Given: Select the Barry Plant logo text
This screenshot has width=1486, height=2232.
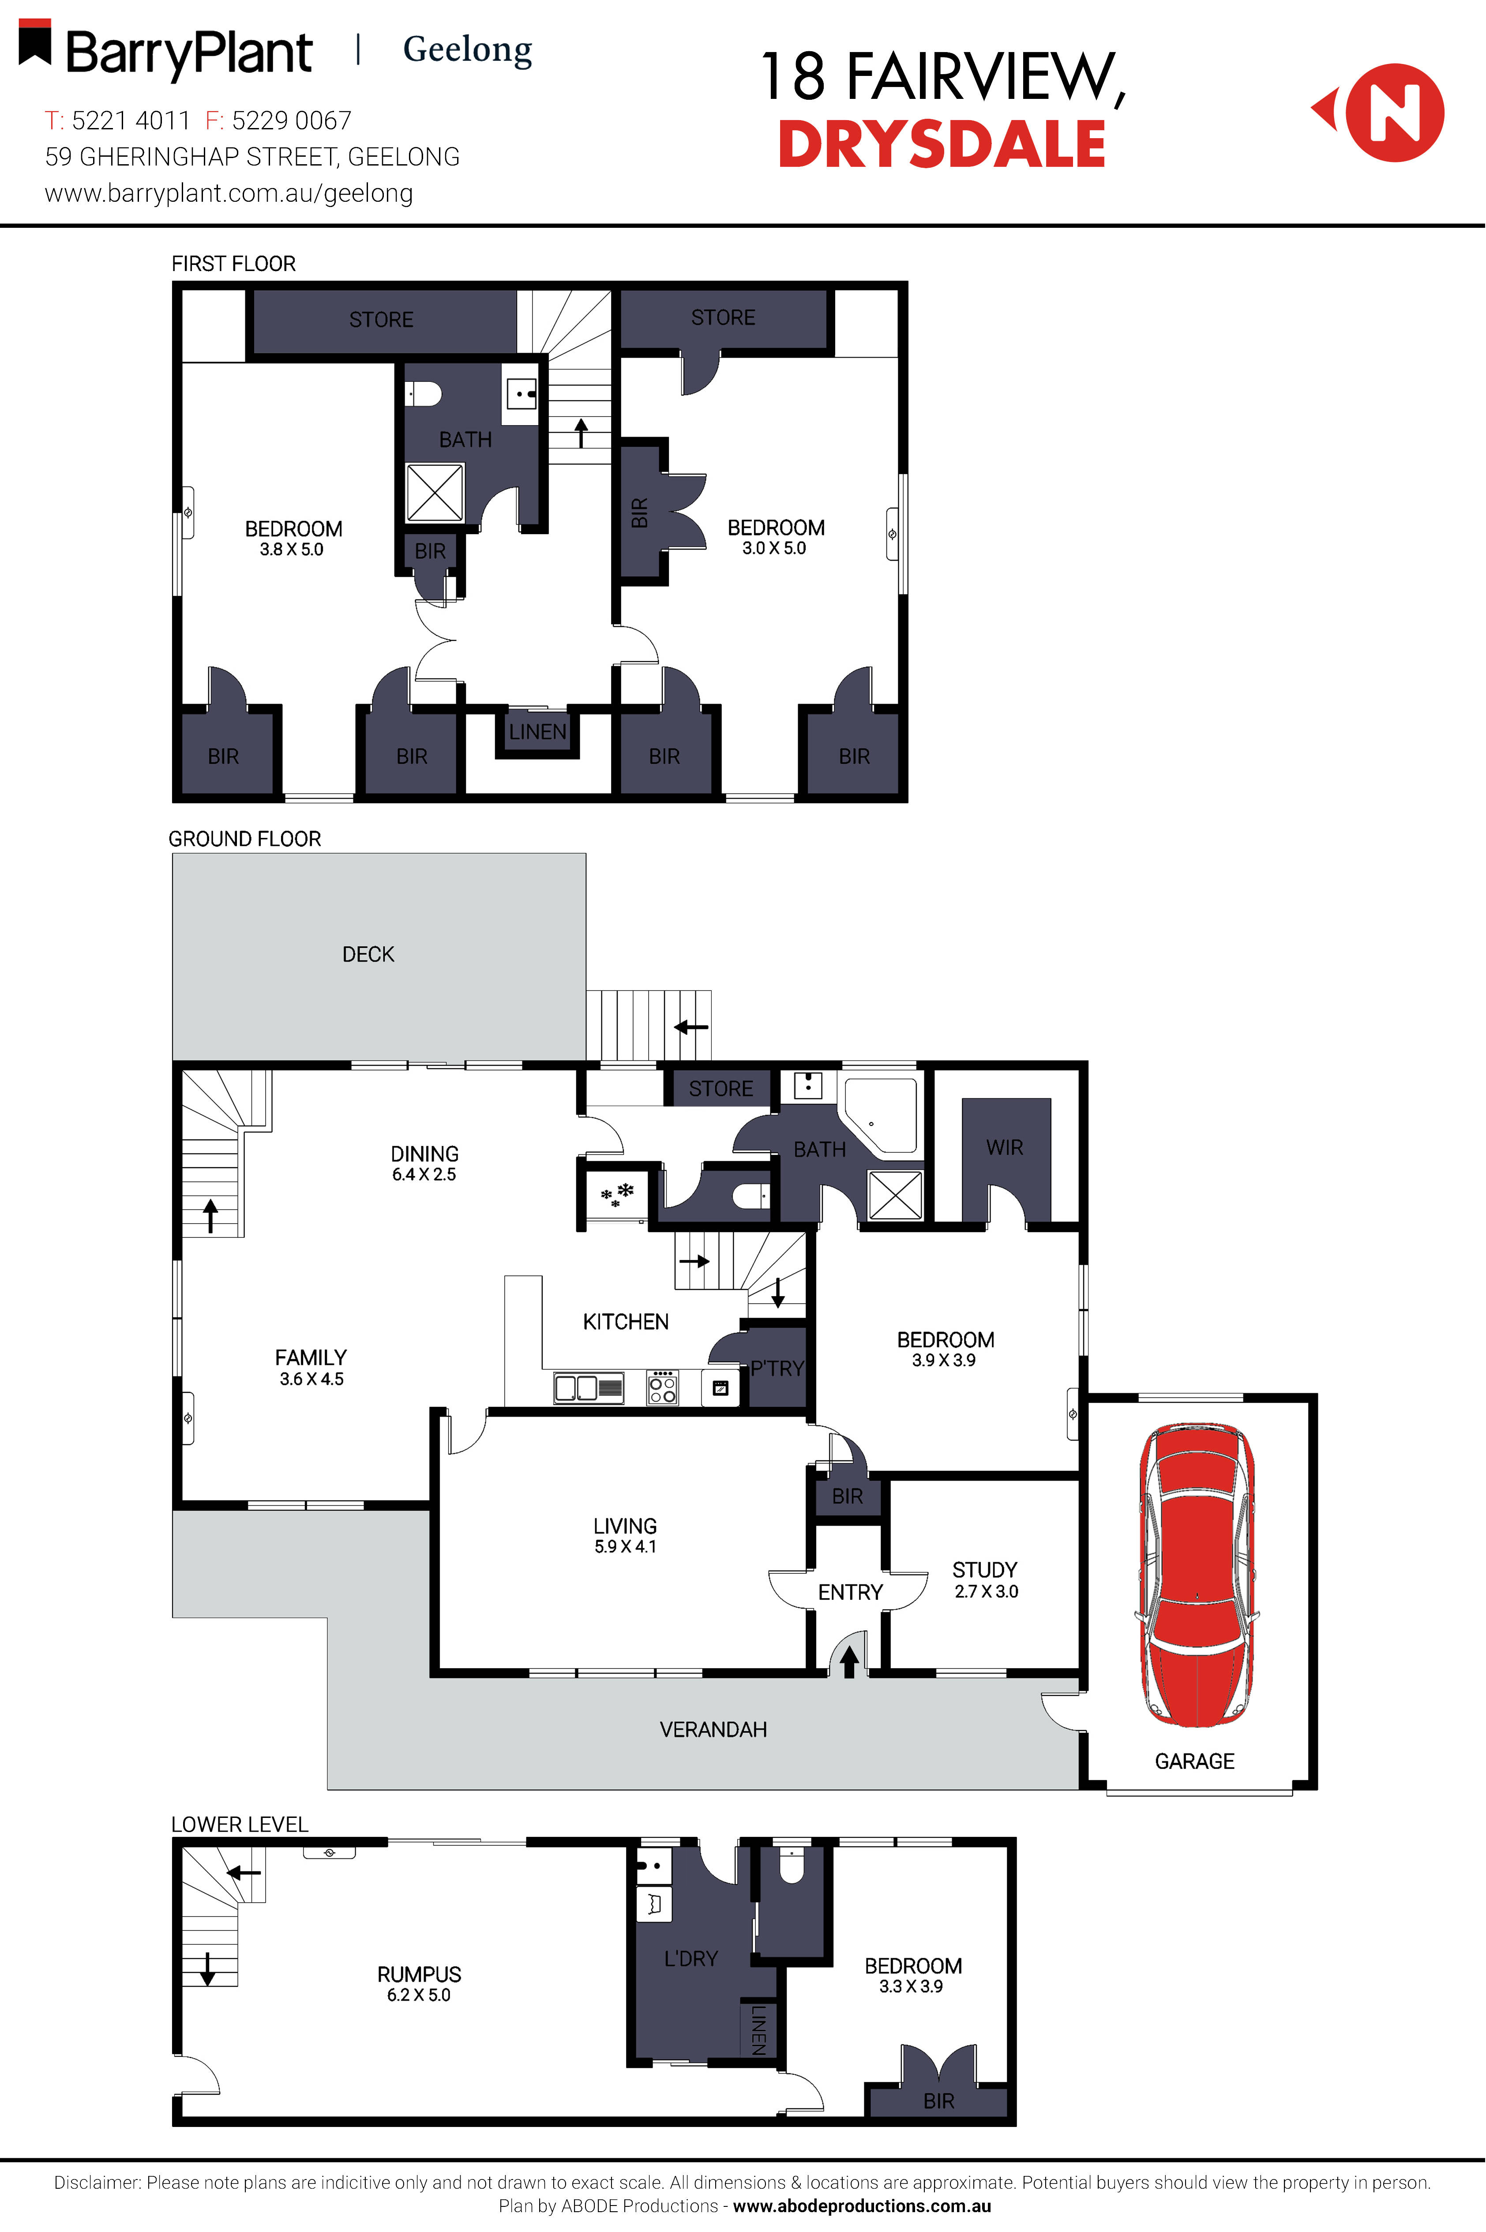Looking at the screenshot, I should pos(188,53).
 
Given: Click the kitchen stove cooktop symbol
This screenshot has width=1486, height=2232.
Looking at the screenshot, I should pos(662,1388).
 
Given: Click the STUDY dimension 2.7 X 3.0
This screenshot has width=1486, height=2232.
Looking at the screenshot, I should pos(986,1592).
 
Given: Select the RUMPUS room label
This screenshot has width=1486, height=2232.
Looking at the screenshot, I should pos(419,1974).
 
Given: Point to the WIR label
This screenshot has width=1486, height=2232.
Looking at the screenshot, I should pos(1005,1147).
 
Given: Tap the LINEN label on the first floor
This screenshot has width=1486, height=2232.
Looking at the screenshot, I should pos(537,732).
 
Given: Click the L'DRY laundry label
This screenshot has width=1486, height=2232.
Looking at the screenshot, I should pos(691,1958).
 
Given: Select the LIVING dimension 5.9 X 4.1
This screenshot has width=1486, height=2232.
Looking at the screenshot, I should pos(625,1546).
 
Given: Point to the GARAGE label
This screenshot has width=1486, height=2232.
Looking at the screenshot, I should pos(1194,1761).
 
